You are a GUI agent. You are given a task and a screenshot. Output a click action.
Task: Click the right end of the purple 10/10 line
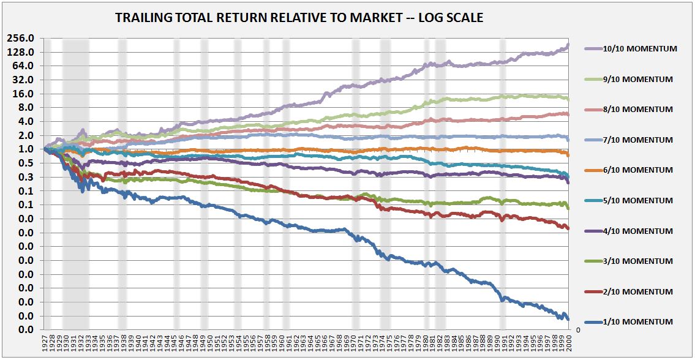(568, 45)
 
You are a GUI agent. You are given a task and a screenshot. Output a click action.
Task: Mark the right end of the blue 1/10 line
(568, 319)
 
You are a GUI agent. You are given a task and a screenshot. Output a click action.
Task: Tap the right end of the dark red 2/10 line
(568, 228)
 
